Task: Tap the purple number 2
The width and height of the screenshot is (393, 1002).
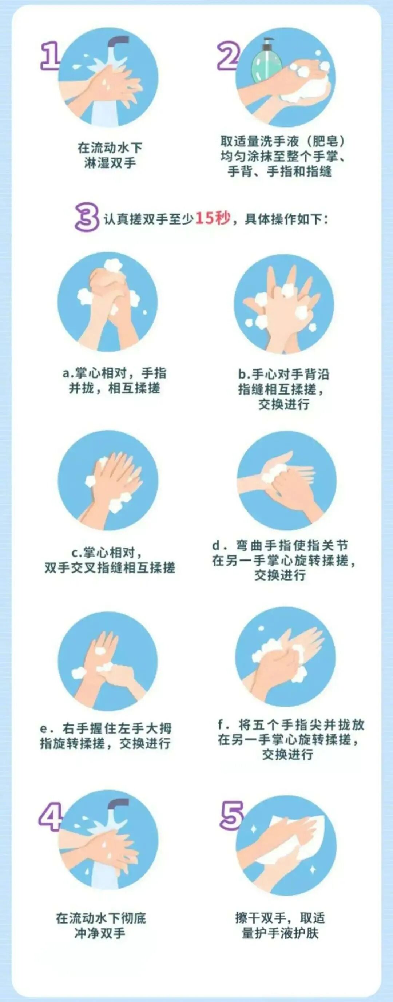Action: tap(229, 56)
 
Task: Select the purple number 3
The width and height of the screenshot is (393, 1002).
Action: tap(87, 218)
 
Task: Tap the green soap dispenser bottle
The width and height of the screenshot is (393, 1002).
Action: tap(267, 60)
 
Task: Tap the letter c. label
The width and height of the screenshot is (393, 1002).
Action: tap(76, 553)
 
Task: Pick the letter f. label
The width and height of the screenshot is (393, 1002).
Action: tap(222, 725)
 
